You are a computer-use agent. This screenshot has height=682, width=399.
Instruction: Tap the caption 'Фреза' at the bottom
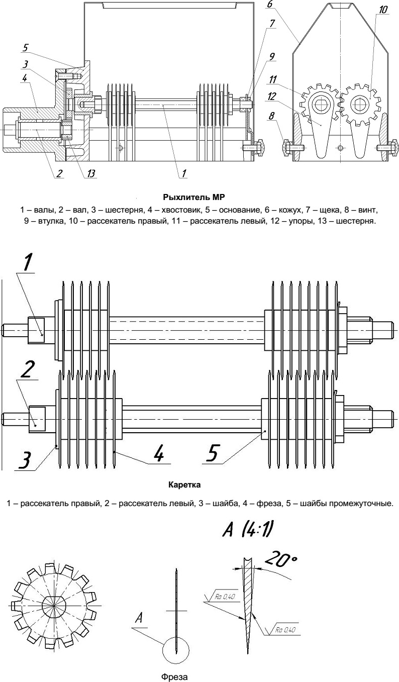click(174, 676)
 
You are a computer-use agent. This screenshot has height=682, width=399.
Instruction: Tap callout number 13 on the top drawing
click(90, 173)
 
